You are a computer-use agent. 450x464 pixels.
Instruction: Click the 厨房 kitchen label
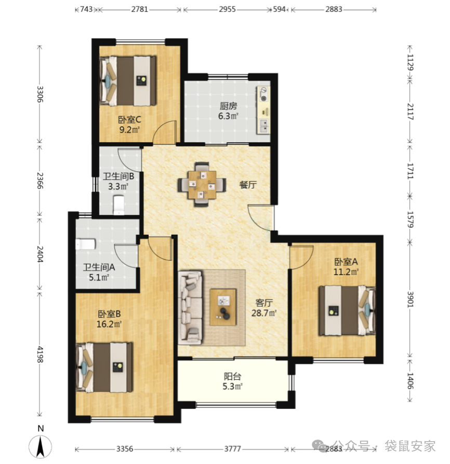(228, 106)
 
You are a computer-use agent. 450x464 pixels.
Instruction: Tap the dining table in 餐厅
(202, 184)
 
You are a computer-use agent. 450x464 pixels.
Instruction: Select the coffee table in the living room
(223, 307)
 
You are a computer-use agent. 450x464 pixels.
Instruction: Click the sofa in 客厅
(190, 308)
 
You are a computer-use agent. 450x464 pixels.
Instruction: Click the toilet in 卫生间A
(85, 244)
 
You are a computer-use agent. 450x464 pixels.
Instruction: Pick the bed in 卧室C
(128, 81)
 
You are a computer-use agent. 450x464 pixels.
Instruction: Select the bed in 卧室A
(347, 310)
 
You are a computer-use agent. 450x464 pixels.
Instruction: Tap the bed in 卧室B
(104, 367)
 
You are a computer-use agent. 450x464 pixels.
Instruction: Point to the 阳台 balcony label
(232, 376)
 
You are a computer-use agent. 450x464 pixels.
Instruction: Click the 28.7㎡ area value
(263, 313)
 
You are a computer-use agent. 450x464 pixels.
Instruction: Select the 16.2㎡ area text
(109, 324)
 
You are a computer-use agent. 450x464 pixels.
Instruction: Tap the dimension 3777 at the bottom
(232, 449)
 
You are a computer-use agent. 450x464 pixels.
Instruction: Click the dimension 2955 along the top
(227, 9)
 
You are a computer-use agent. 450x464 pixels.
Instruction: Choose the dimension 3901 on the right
(410, 299)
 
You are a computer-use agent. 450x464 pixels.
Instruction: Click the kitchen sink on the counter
(264, 126)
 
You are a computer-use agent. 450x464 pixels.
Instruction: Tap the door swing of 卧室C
(165, 132)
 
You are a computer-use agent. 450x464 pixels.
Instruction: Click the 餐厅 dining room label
(248, 185)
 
